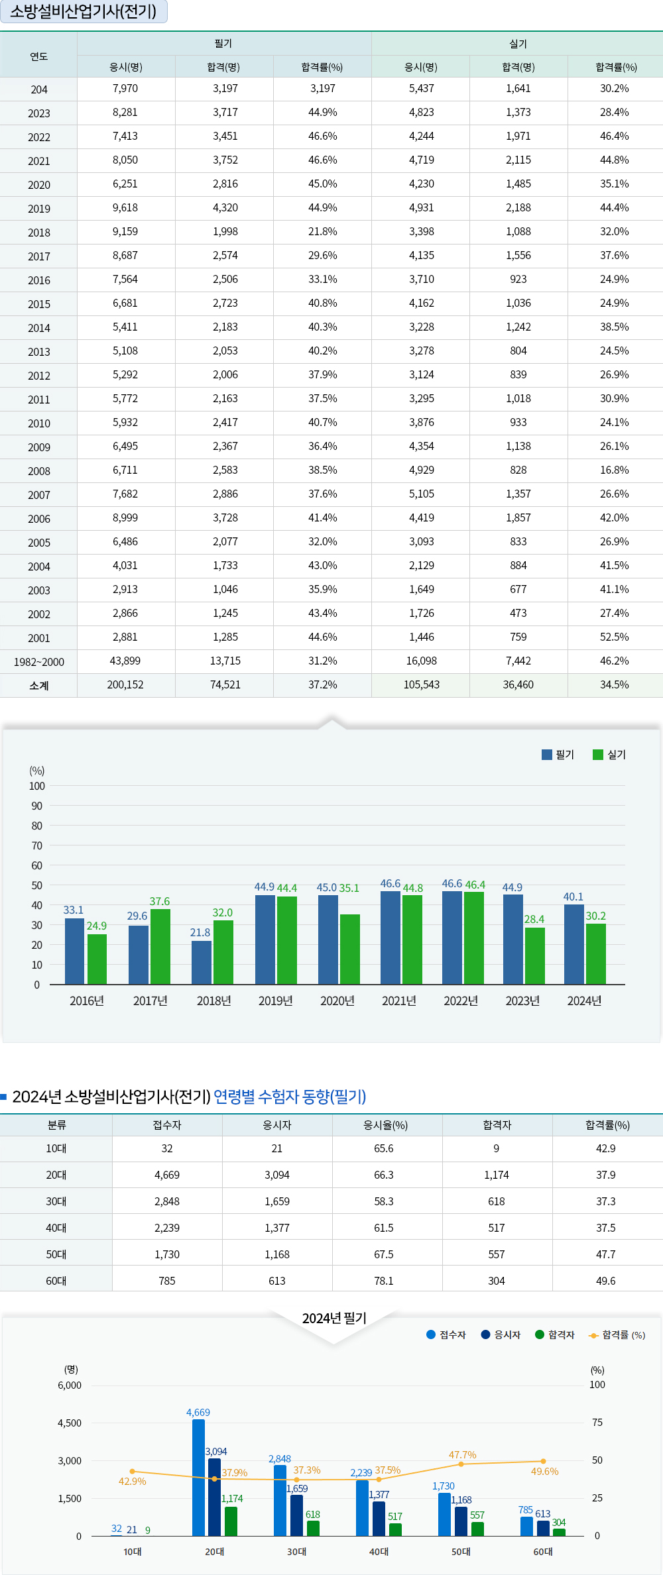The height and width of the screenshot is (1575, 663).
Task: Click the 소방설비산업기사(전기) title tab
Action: tap(84, 12)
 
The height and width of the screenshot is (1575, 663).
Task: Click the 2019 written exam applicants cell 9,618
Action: tap(125, 208)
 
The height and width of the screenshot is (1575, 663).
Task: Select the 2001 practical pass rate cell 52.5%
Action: tap(614, 637)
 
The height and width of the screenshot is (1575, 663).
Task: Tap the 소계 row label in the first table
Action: tap(39, 686)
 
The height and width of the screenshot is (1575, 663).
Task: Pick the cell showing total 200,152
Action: tap(125, 685)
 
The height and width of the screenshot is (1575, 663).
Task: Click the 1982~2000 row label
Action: tap(39, 662)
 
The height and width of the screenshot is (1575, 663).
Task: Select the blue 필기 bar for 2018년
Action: tap(202, 963)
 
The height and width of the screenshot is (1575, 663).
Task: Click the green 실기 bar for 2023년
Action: tap(534, 956)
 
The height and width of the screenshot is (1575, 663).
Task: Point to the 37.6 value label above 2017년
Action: tap(160, 902)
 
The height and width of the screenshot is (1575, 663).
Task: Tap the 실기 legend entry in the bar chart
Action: tap(609, 755)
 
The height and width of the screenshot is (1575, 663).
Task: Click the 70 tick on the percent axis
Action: tap(37, 846)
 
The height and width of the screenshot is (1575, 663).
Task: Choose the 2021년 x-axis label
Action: tap(399, 1001)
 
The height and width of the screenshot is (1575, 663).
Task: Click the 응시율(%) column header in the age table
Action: tap(386, 1125)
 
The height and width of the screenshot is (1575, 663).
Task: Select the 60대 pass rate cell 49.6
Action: tap(605, 1281)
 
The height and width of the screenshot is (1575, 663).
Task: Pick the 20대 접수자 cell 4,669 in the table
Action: tap(167, 1175)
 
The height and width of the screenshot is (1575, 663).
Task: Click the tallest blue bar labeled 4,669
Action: tap(198, 1478)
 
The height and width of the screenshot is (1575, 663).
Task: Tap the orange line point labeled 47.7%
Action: tap(461, 1464)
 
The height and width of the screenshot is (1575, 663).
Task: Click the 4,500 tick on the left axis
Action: tap(70, 1423)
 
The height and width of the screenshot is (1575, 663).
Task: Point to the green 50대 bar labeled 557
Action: tap(477, 1529)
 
